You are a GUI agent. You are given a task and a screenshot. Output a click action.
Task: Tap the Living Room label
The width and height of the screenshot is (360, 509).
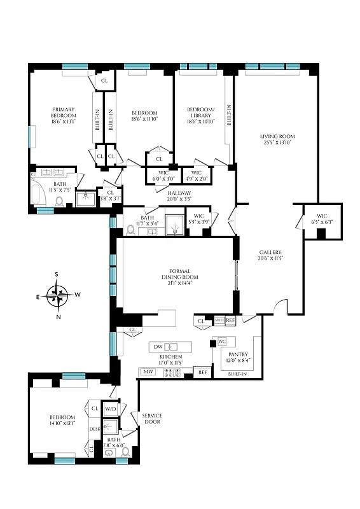[x=277, y=137]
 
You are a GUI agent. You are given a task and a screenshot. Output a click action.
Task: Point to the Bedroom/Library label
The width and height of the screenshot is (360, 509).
[x=200, y=113]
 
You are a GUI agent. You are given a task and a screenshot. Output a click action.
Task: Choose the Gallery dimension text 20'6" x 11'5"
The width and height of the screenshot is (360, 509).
[x=270, y=258]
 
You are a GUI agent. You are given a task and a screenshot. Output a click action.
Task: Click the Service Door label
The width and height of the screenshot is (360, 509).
[x=151, y=419]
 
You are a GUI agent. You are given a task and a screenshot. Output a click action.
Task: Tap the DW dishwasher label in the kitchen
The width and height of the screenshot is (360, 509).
[x=158, y=347]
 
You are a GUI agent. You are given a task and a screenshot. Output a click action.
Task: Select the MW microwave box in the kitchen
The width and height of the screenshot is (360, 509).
[x=148, y=372]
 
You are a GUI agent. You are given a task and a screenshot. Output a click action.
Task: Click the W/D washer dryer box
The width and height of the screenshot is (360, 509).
[x=111, y=408]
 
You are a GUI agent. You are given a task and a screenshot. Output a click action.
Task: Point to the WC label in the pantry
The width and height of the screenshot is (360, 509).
[x=222, y=342]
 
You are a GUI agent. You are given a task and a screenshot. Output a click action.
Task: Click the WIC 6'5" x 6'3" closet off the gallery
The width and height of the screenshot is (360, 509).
[x=322, y=219]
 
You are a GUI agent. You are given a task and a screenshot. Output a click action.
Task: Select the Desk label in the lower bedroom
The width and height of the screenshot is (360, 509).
[x=95, y=429]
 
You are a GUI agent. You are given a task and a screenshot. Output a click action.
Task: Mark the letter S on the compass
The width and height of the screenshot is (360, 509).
[x=57, y=275]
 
